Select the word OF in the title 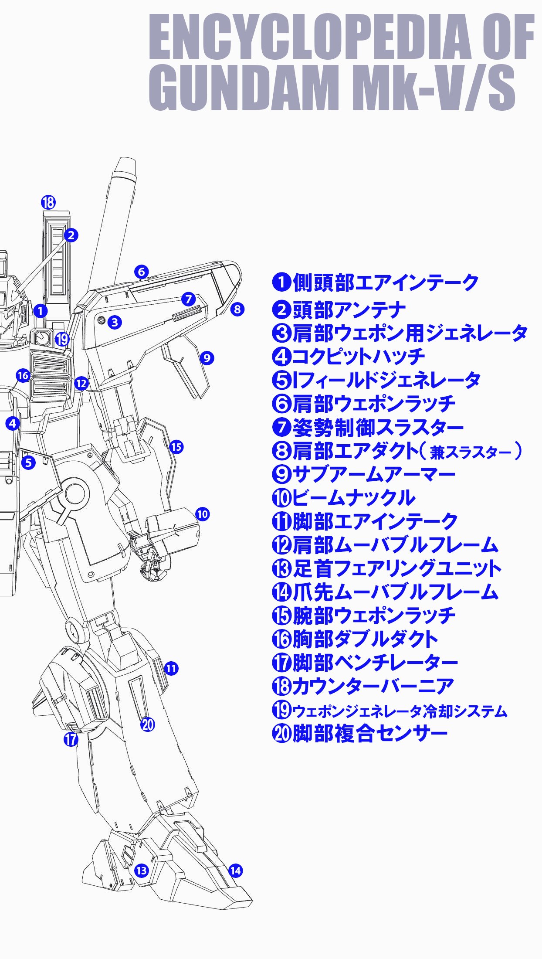[x=508, y=37]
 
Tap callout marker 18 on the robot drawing [x=48, y=202]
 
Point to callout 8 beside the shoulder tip [x=237, y=309]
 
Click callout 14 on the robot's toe [x=235, y=871]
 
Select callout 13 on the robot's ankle [x=142, y=871]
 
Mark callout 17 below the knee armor [x=71, y=738]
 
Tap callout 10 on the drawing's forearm [x=202, y=514]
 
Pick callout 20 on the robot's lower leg [x=148, y=724]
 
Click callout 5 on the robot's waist [x=29, y=462]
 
